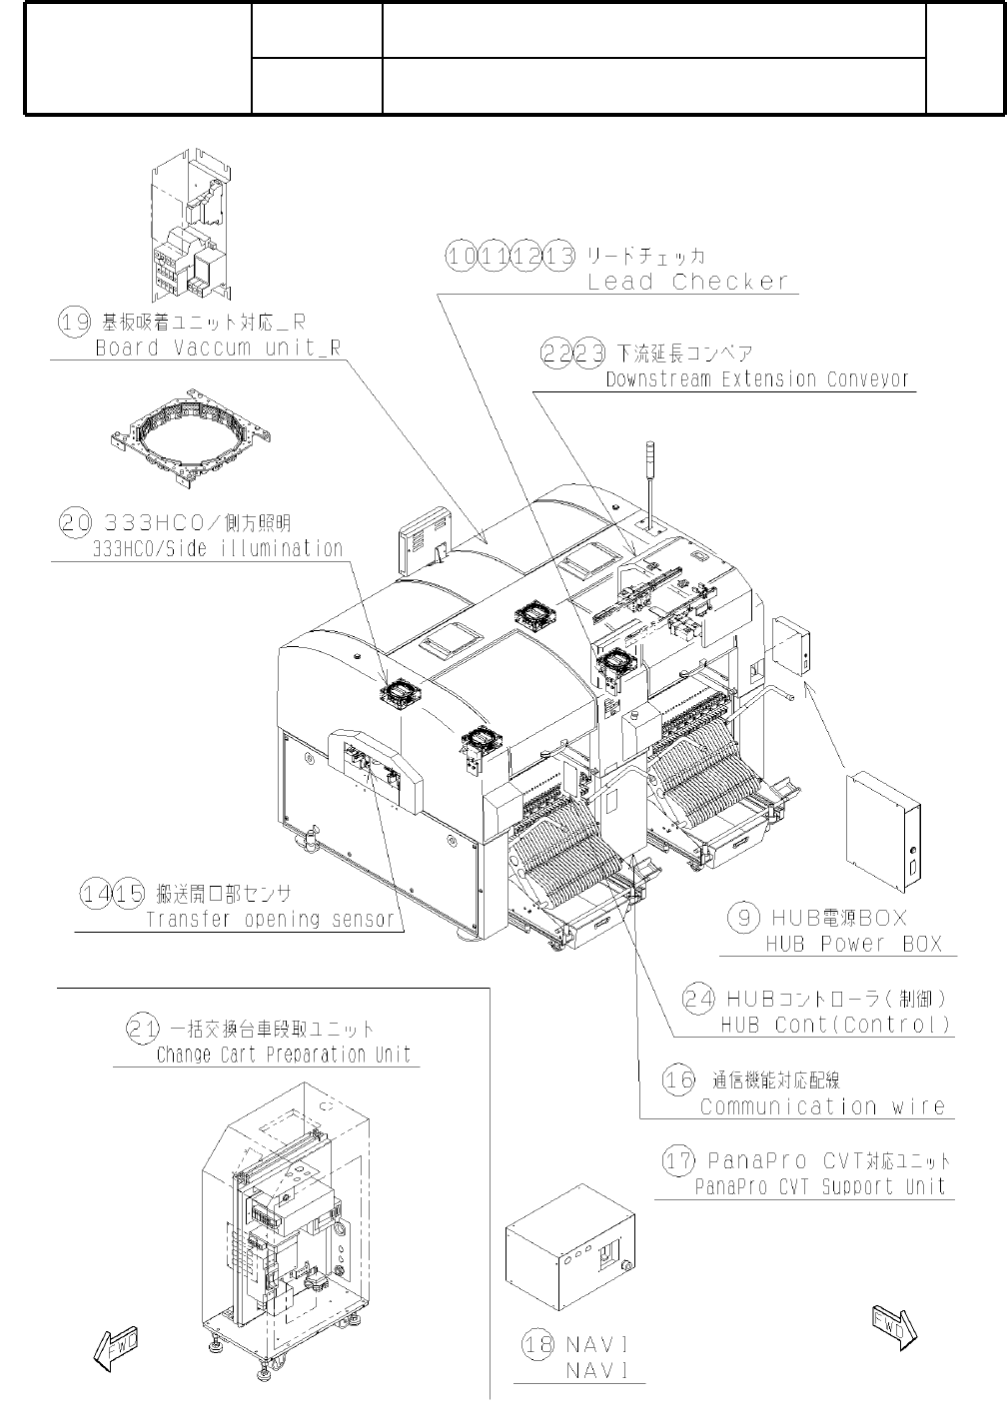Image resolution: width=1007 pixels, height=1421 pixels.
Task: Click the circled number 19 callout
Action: [74, 322]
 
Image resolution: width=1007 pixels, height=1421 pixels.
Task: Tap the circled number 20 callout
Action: [75, 522]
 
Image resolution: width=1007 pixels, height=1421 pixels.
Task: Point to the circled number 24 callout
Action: [698, 998]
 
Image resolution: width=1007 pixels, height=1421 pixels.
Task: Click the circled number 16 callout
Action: [679, 1079]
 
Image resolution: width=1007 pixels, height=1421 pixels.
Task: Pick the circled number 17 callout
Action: [679, 1160]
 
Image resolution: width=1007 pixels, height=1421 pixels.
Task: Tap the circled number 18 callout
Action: [538, 1344]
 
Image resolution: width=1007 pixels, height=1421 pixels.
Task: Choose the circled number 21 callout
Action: [142, 1028]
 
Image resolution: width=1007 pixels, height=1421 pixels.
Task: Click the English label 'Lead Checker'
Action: [688, 283]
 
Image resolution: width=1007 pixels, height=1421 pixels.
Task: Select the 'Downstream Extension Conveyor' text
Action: [758, 379]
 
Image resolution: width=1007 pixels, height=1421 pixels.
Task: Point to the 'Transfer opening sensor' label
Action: [270, 920]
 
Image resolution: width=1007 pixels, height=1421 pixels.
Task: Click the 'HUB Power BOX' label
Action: [854, 944]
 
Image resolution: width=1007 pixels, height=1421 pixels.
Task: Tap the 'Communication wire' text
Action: [822, 1106]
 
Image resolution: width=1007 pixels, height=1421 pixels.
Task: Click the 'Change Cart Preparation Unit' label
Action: [284, 1055]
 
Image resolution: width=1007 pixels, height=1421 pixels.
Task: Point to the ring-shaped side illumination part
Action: [190, 440]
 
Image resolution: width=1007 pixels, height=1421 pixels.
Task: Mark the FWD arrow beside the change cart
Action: [115, 1347]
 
